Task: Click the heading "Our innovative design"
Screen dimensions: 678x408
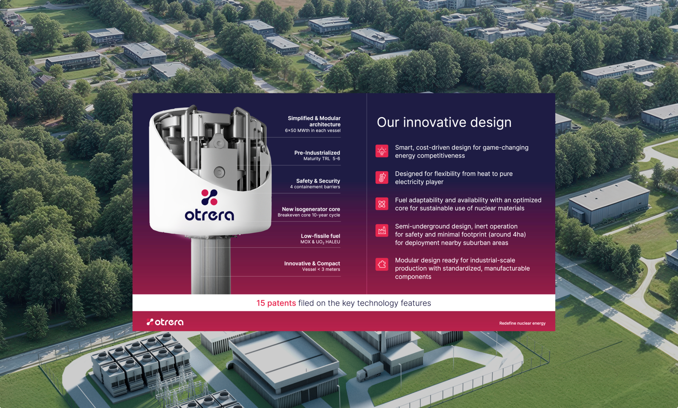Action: [x=444, y=122]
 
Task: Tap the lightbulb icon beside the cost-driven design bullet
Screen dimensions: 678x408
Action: [x=382, y=151]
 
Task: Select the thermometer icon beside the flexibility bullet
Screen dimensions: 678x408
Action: [x=382, y=177]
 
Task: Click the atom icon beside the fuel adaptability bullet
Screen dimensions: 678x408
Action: [x=382, y=204]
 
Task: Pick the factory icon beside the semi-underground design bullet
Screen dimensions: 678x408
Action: [x=382, y=230]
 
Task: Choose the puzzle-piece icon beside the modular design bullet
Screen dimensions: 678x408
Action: [x=382, y=264]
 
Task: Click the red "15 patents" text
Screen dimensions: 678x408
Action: [x=276, y=303]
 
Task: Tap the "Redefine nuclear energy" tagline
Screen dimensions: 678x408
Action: [x=522, y=323]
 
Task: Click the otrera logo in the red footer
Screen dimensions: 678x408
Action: [x=165, y=322]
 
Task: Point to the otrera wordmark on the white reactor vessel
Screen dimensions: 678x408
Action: [x=209, y=215]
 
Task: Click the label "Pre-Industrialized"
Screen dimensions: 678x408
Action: [x=317, y=153]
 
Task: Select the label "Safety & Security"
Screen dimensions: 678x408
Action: [x=318, y=181]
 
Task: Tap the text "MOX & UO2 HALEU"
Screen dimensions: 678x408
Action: [x=320, y=242]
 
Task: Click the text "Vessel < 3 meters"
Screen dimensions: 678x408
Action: [x=321, y=269]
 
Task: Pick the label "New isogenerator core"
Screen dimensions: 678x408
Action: [x=311, y=209]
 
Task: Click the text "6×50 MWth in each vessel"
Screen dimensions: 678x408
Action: [x=313, y=131]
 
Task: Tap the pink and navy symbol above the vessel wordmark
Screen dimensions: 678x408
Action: [x=209, y=197]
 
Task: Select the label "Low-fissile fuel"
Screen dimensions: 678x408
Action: [x=320, y=236]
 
